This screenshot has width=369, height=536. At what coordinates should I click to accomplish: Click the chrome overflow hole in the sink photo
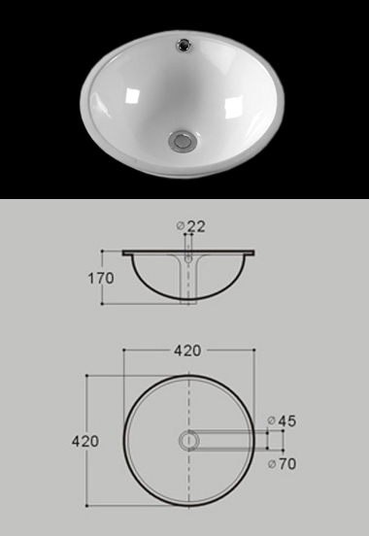[x=184, y=45]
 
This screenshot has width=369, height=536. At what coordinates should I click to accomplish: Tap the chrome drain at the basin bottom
[x=182, y=140]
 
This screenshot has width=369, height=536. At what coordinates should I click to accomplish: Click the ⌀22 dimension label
[x=191, y=226]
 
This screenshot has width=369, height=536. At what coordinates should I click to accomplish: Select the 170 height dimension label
[x=101, y=279]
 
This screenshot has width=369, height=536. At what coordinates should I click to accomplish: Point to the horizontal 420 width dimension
[x=187, y=351]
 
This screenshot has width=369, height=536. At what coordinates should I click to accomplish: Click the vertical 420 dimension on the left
[x=85, y=441]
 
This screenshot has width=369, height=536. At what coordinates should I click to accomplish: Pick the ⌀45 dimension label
[x=283, y=420]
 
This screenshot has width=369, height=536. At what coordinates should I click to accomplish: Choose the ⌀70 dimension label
[x=283, y=464]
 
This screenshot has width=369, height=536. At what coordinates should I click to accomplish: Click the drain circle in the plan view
[x=188, y=440]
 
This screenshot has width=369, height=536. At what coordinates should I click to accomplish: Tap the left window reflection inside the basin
[x=133, y=95]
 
